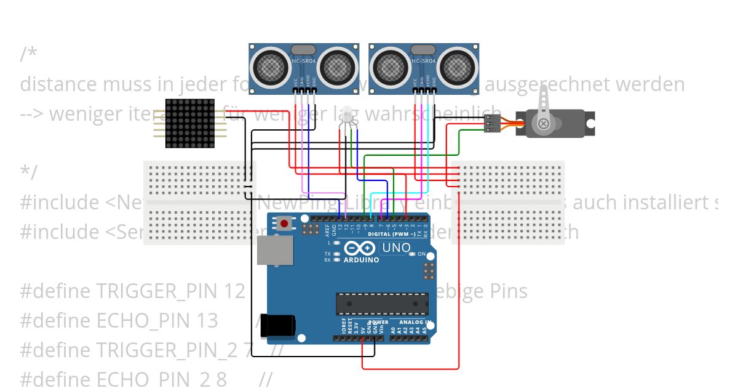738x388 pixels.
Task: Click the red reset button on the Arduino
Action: [x=284, y=224]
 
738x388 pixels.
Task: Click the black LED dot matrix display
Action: [x=190, y=123]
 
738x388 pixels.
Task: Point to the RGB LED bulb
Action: [x=347, y=114]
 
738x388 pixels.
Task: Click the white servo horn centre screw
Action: [x=543, y=124]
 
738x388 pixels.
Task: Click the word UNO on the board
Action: [x=397, y=248]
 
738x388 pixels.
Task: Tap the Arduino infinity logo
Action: [x=360, y=249]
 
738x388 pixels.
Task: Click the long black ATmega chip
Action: [x=381, y=304]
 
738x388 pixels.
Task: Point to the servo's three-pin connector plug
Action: [x=493, y=124]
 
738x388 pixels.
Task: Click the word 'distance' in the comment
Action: [x=58, y=84]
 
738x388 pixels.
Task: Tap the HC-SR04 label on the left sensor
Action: [x=304, y=62]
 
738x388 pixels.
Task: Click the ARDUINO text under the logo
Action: [x=361, y=260]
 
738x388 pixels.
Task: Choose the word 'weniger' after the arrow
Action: [x=85, y=114]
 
